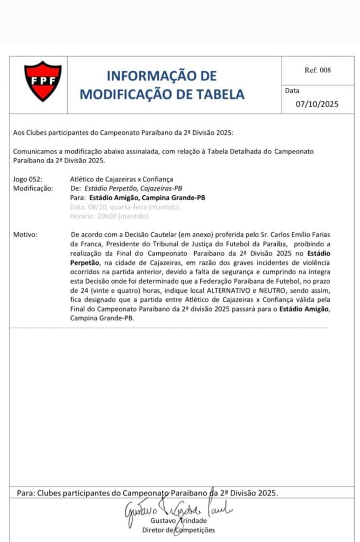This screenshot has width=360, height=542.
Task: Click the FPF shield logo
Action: (x=43, y=81)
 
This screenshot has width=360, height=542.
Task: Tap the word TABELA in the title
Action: (x=218, y=94)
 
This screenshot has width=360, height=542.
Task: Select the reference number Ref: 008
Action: (x=318, y=70)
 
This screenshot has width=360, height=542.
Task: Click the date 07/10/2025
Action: (x=317, y=104)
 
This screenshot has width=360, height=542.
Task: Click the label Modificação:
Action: (x=33, y=188)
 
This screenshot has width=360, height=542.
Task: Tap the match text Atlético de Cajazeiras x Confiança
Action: (x=121, y=179)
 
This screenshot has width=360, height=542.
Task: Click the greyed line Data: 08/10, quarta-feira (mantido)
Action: (x=124, y=206)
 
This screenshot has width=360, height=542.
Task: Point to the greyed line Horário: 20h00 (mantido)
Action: (x=109, y=215)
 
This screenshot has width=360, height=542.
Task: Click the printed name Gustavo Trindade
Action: (x=175, y=521)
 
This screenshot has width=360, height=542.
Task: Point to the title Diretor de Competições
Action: (x=175, y=530)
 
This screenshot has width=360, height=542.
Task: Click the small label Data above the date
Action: (x=292, y=91)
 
